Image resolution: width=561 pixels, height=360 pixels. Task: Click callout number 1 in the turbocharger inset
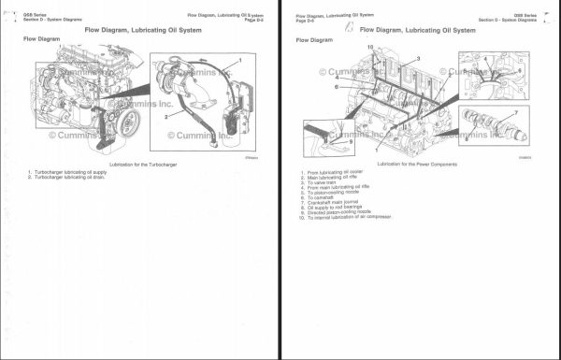coord(239,61)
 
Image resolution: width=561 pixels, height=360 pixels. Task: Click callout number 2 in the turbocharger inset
coord(166,117)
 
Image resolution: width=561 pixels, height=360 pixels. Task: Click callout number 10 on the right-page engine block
coord(370,47)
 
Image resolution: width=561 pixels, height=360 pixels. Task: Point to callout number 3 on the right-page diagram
coord(417,59)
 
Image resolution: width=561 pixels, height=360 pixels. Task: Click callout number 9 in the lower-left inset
coord(350,143)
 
